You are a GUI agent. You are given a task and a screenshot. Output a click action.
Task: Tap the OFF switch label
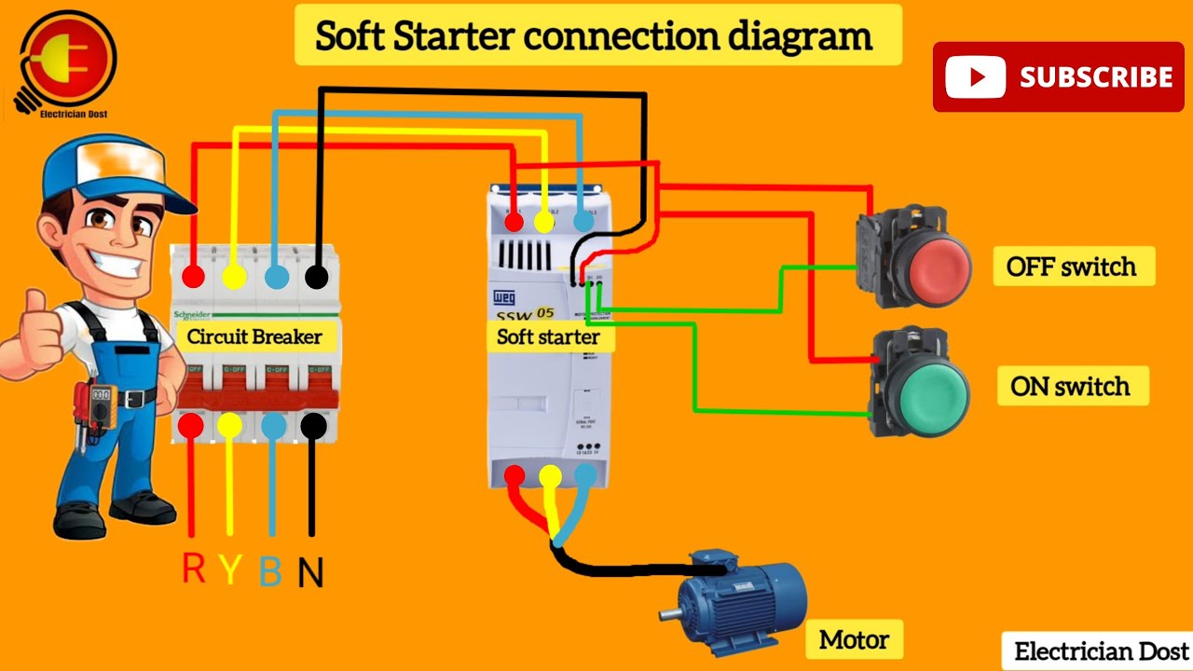click(1071, 267)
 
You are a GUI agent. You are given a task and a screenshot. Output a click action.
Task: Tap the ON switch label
click(1070, 386)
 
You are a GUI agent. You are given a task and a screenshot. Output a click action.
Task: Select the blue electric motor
click(736, 596)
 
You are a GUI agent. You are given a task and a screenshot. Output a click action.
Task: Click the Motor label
click(854, 640)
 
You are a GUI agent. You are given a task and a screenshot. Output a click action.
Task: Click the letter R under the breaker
click(194, 568)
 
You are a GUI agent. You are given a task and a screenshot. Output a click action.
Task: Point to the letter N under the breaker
click(311, 572)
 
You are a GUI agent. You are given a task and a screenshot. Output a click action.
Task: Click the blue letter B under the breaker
click(270, 570)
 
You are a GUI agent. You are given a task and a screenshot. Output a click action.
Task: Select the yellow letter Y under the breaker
click(231, 570)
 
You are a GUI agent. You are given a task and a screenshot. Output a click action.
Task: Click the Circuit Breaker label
click(254, 336)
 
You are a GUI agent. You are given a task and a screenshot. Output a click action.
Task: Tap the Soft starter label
click(548, 336)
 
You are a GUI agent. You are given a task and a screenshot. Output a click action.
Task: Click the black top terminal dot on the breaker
click(317, 277)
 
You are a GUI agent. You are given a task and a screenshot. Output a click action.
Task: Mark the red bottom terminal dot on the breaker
click(191, 426)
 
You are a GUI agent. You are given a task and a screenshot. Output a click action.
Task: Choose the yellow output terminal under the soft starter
click(550, 476)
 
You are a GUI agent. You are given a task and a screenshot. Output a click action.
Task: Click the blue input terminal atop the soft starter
click(583, 221)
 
